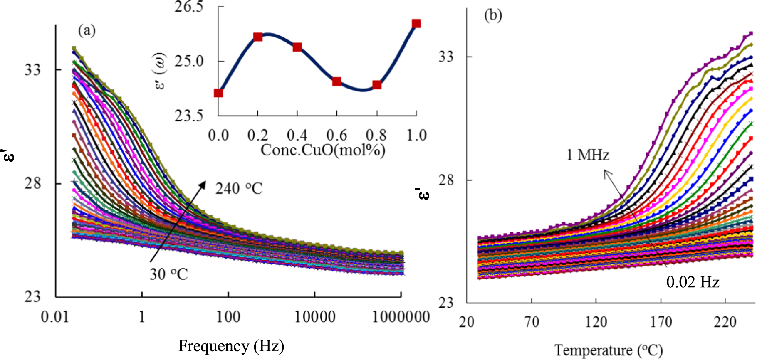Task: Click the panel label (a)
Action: pyautogui.click(x=87, y=30)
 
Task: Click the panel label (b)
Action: pyautogui.click(x=493, y=15)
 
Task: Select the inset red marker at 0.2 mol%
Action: pyautogui.click(x=258, y=37)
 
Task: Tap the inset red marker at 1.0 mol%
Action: pyautogui.click(x=416, y=23)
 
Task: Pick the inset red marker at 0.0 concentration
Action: pyautogui.click(x=218, y=93)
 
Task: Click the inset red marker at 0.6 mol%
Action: pyautogui.click(x=337, y=81)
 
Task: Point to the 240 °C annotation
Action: pyautogui.click(x=239, y=189)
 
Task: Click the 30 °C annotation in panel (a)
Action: pyautogui.click(x=168, y=274)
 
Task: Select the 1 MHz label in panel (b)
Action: pyautogui.click(x=587, y=155)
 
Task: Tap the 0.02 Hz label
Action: pyautogui.click(x=693, y=282)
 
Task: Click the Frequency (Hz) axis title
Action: pyautogui.click(x=231, y=346)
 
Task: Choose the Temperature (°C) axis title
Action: pyautogui.click(x=609, y=350)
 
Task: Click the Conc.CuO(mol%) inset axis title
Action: pyautogui.click(x=323, y=150)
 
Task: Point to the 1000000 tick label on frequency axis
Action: pyautogui.click(x=401, y=317)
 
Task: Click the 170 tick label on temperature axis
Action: pyautogui.click(x=661, y=322)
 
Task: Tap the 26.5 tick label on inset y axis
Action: pyautogui.click(x=188, y=7)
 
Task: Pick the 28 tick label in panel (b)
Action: pyautogui.click(x=446, y=180)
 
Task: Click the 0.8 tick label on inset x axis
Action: pyautogui.click(x=376, y=135)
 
